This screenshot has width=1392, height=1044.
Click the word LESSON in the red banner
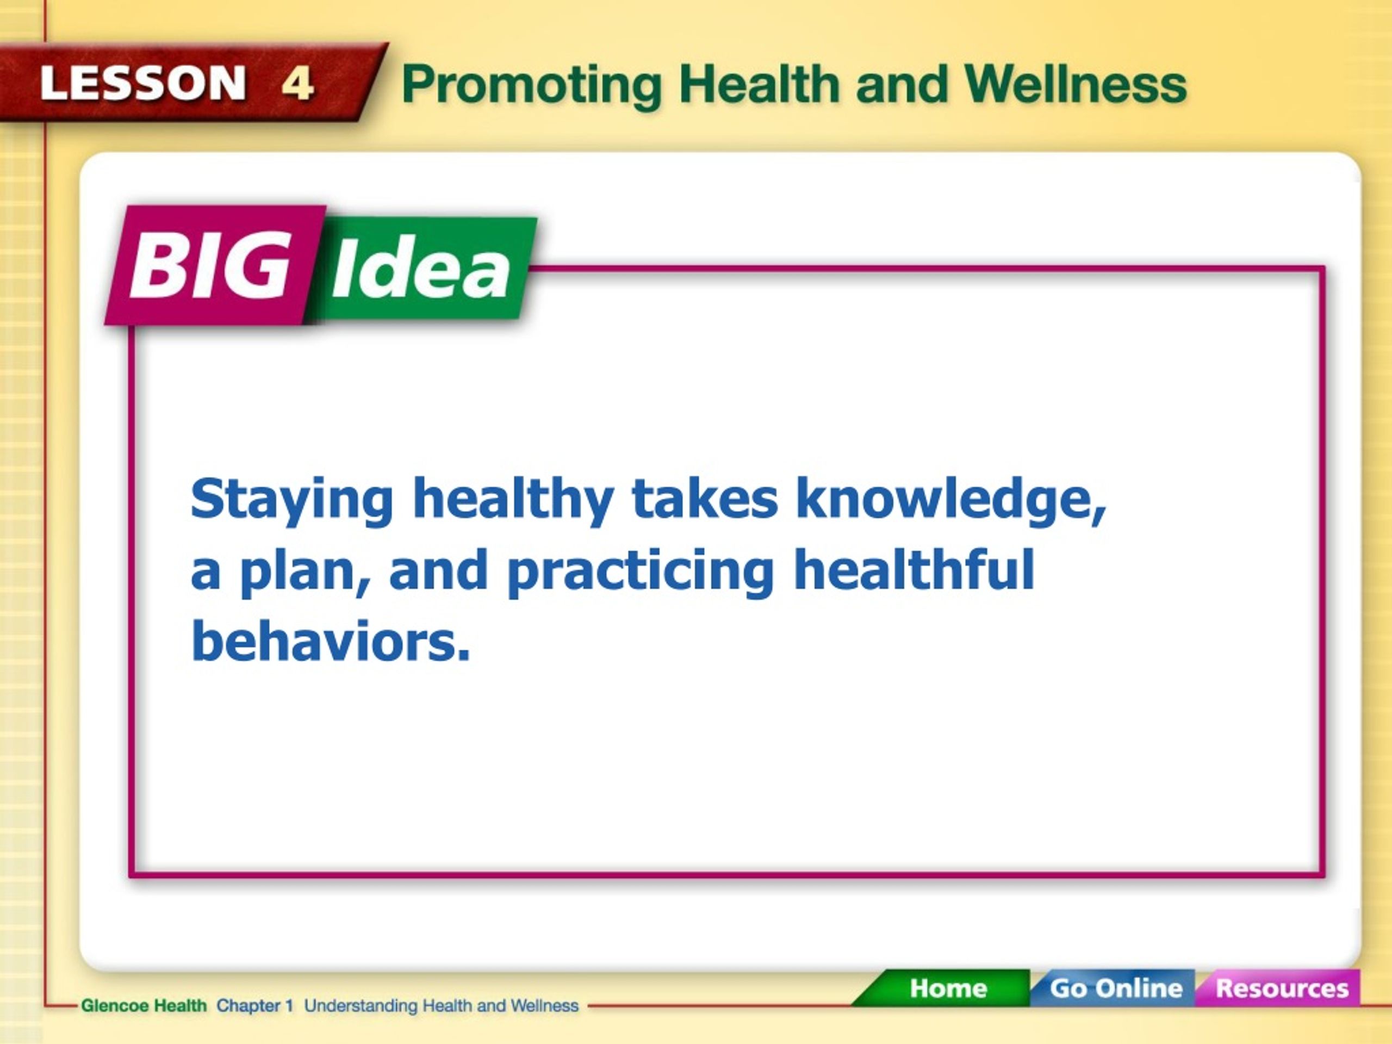click(143, 83)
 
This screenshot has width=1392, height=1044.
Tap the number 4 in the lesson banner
click(297, 83)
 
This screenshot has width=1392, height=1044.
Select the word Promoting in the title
click(532, 87)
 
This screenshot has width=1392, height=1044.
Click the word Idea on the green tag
click(420, 268)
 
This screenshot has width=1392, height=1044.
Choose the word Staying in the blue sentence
click(292, 501)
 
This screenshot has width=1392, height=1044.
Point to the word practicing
click(641, 572)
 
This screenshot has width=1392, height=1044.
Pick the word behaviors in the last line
click(331, 641)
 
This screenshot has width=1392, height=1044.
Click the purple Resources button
click(1281, 988)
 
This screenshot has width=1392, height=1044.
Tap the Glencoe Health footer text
click(144, 1005)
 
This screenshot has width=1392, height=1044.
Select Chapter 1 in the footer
click(255, 1005)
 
